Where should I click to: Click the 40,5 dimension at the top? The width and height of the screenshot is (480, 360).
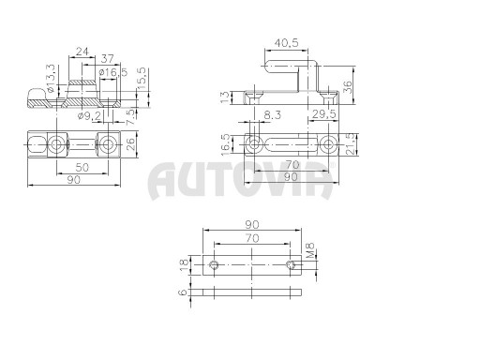click(x=286, y=42)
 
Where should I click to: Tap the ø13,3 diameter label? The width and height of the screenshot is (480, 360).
click(x=52, y=78)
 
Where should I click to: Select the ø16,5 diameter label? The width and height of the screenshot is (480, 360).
click(x=113, y=72)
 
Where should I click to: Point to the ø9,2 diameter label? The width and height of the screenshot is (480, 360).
click(x=89, y=116)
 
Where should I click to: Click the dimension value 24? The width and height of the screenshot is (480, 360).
click(x=82, y=52)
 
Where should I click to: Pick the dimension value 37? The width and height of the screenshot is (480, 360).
click(x=107, y=58)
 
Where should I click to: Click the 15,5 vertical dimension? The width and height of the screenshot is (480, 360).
click(x=142, y=79)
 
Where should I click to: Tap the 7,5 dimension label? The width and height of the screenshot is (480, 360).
click(x=132, y=117)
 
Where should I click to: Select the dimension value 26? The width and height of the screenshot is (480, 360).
click(x=131, y=143)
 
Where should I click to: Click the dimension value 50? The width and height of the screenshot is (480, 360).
click(x=82, y=167)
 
